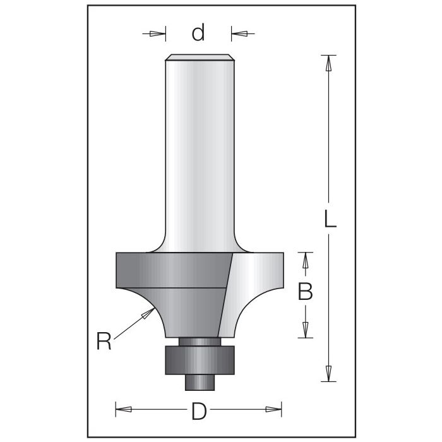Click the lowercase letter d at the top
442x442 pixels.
199,33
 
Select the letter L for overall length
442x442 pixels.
330,218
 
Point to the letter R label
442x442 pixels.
104,342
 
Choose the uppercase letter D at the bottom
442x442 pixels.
199,412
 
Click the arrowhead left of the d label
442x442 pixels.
158,33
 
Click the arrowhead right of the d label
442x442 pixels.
240,33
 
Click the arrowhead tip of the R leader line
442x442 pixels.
152,311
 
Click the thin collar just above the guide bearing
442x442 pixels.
199,342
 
